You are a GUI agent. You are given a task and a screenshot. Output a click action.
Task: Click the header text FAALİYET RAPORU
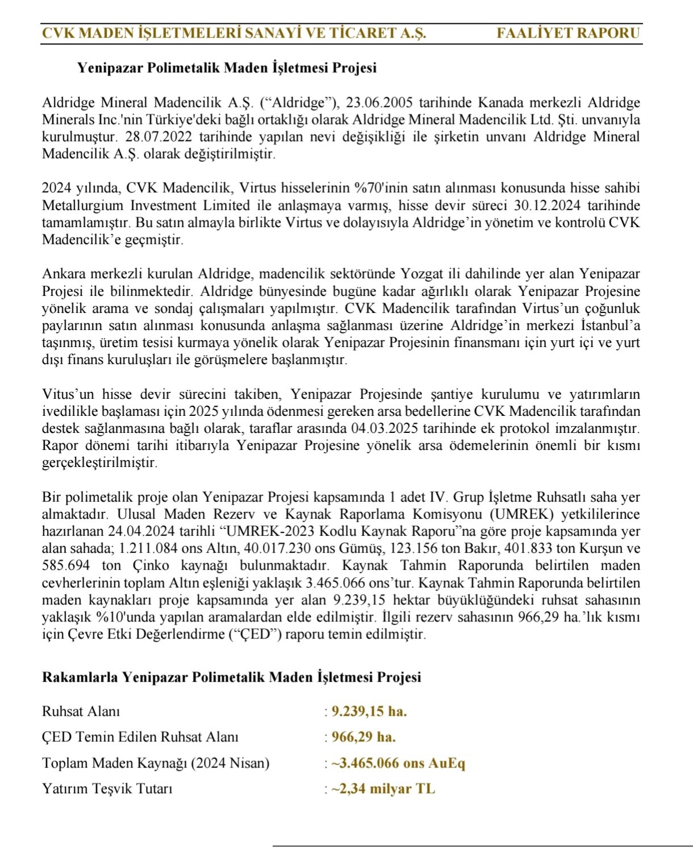(568, 33)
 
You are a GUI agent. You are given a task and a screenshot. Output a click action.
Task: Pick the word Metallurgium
(82, 205)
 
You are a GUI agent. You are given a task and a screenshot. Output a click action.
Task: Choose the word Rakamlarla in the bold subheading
(80, 677)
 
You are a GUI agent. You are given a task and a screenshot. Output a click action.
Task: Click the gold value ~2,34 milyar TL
(383, 788)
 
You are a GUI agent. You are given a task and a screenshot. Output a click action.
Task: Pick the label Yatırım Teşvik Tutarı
(107, 788)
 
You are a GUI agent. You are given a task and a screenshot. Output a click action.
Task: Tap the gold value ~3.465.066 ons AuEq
(398, 763)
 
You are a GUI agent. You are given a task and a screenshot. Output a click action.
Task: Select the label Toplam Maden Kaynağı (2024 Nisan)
(156, 763)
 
